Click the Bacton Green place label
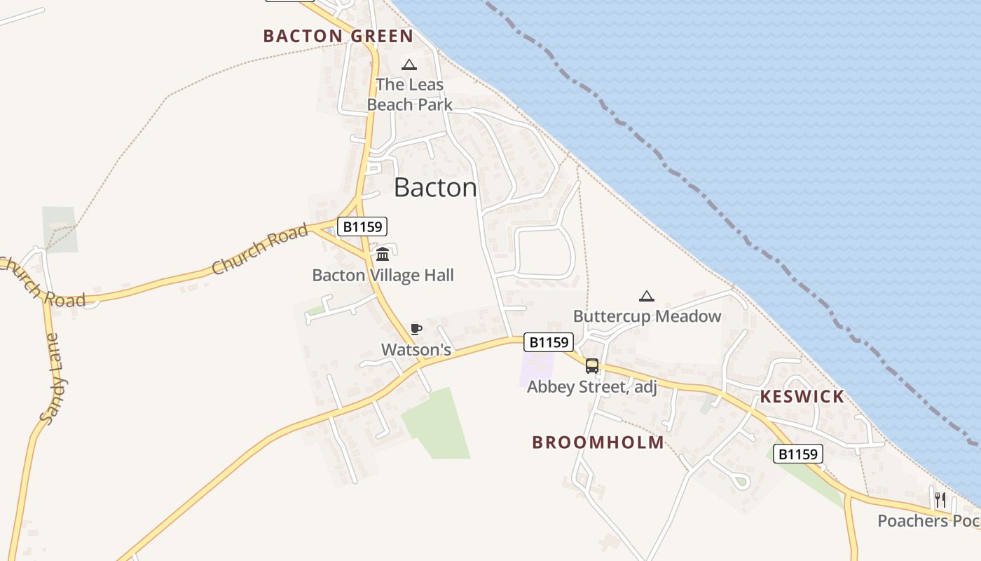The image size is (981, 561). pos(338,36)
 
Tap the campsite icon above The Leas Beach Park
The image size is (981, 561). pos(409,65)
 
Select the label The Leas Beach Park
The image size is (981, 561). pos(409,95)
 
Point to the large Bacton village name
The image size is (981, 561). pos(435,187)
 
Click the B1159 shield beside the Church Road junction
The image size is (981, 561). pos(362,227)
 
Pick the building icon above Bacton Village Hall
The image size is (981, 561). pos(383,254)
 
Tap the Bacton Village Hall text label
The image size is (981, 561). pos(383,276)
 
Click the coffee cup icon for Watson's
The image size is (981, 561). pos(416,329)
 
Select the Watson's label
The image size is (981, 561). pos(416,349)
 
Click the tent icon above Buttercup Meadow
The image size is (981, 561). pos(646,296)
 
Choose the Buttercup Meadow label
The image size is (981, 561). pos(647,316)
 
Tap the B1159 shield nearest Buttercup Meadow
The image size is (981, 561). pos(549,342)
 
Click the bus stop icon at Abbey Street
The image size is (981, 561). pos(592,366)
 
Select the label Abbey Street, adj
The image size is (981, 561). pos(592,387)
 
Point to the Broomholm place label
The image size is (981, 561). pos(598,442)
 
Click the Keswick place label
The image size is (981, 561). pos(802,397)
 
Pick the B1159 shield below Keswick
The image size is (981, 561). pos(797,454)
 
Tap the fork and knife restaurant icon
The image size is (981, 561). pos(940,500)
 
